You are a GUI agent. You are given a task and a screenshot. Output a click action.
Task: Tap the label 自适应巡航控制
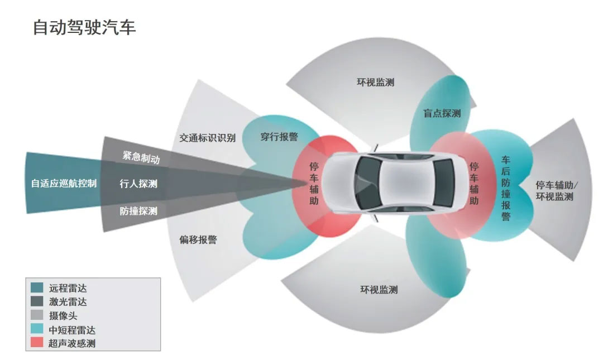click(64, 183)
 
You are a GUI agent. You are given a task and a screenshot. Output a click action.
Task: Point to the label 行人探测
click(138, 183)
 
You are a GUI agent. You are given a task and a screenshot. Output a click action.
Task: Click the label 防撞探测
click(138, 211)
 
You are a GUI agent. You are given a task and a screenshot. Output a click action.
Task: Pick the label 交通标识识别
click(207, 138)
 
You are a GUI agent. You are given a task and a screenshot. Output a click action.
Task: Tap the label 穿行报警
click(279, 137)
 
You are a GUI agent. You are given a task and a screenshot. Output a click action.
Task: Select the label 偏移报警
click(198, 240)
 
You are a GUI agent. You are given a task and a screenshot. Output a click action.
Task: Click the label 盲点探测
click(442, 113)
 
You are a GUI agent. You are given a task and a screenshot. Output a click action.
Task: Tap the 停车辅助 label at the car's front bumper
click(314, 183)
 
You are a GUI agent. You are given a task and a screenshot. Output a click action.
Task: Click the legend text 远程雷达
click(68, 289)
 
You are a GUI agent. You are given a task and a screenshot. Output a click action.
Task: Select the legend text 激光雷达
click(68, 302)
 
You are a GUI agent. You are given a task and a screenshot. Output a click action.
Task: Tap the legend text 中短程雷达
click(72, 329)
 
